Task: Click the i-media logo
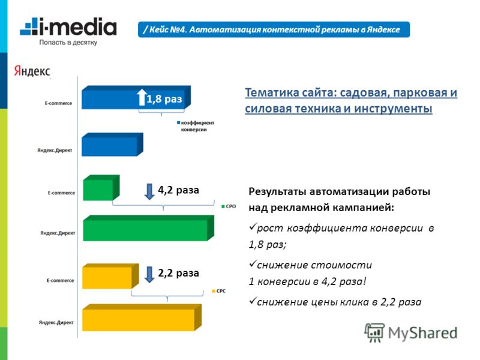68,27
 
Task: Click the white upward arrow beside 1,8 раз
142,98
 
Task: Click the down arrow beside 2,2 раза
149,274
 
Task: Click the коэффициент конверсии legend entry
195,126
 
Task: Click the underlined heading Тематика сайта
350,101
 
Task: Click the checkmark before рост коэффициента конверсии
251,228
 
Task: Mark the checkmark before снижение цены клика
251,302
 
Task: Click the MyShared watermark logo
410,332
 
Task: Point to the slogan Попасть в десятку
69,43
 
